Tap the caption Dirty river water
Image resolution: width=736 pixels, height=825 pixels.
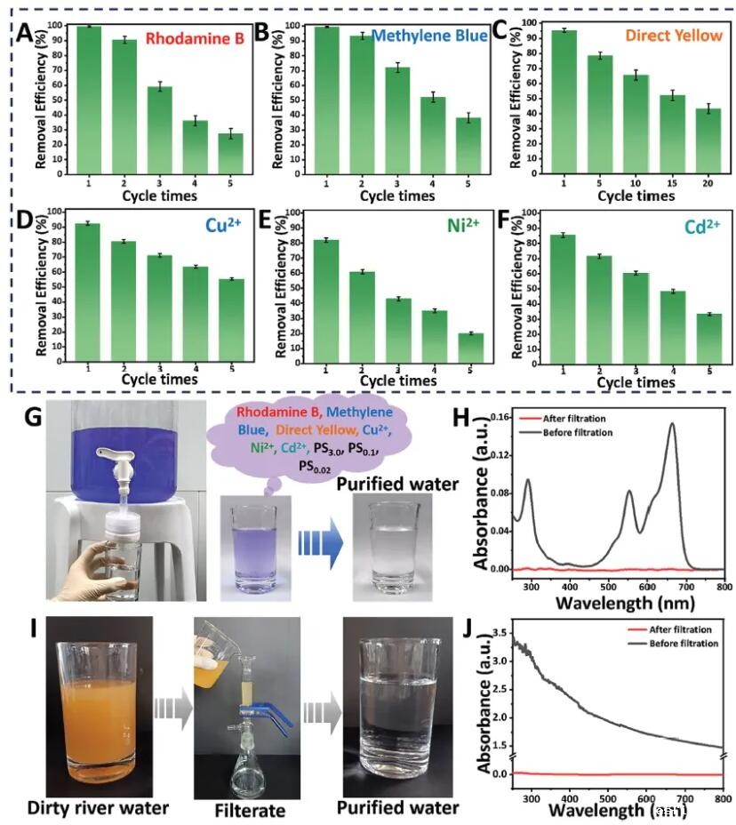coord(98,807)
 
